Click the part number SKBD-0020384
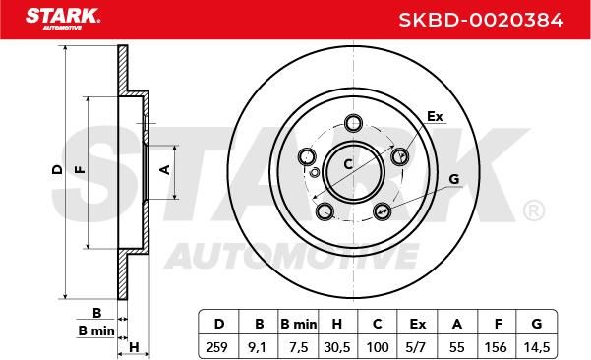pyautogui.click(x=481, y=20)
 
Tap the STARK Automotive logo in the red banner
pyautogui.click(x=63, y=19)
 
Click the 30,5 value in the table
pyautogui.click(x=337, y=347)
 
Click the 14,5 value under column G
pyautogui.click(x=537, y=347)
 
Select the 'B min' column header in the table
pyautogui.click(x=299, y=324)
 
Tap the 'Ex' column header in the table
pyautogui.click(x=418, y=324)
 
